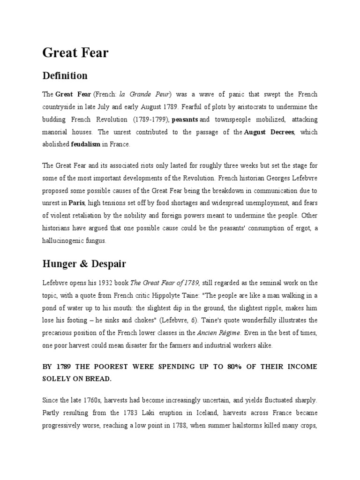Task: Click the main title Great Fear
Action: (75, 53)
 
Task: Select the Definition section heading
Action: (65, 75)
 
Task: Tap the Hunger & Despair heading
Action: (84, 264)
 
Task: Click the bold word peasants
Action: (185, 120)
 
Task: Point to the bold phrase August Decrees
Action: (269, 133)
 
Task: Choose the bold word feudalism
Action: (85, 145)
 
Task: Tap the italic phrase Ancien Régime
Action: (219, 333)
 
